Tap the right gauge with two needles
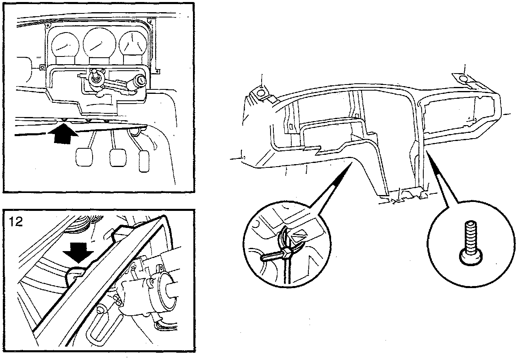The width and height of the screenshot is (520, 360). [132, 45]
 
